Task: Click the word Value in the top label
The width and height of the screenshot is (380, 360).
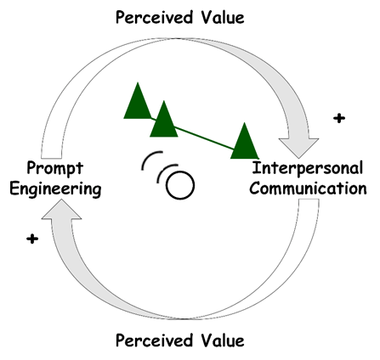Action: pyautogui.click(x=223, y=18)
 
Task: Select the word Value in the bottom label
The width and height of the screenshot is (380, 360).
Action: pyautogui.click(x=223, y=340)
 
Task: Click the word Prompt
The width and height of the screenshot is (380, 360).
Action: pyautogui.click(x=54, y=168)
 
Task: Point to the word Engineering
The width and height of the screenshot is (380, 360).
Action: pyautogui.click(x=55, y=189)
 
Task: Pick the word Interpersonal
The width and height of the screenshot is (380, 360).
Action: pyautogui.click(x=308, y=168)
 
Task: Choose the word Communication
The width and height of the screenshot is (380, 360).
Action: pyautogui.click(x=308, y=188)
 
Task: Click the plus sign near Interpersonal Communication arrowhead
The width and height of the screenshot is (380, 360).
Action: pyautogui.click(x=339, y=118)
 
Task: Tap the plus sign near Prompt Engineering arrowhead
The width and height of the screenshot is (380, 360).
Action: pyautogui.click(x=32, y=239)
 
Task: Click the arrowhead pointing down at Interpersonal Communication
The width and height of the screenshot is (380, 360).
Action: pyautogui.click(x=298, y=147)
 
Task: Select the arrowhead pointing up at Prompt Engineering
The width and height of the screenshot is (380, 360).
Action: pyautogui.click(x=61, y=209)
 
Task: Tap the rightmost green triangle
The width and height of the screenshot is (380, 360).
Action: pyautogui.click(x=245, y=141)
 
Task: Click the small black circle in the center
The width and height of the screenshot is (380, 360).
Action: pyautogui.click(x=180, y=185)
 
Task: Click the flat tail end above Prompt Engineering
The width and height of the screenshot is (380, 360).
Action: pyautogui.click(x=51, y=158)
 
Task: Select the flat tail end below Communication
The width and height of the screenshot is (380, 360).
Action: pyautogui.click(x=309, y=200)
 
